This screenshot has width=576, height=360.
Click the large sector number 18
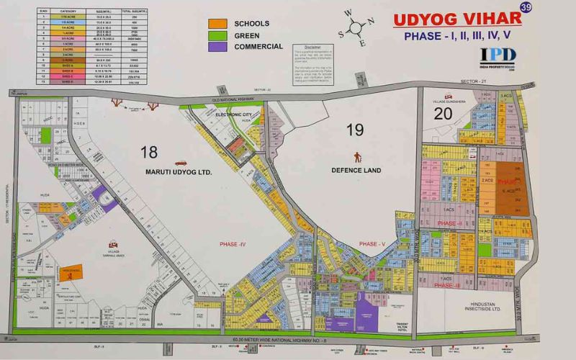click(x=149, y=151)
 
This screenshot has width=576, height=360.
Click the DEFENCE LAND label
click(x=355, y=171)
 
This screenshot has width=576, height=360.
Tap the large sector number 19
click(x=355, y=130)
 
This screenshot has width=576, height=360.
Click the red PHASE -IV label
click(x=233, y=245)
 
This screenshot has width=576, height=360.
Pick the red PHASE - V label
click(x=373, y=245)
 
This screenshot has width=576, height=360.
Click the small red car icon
click(x=180, y=163)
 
